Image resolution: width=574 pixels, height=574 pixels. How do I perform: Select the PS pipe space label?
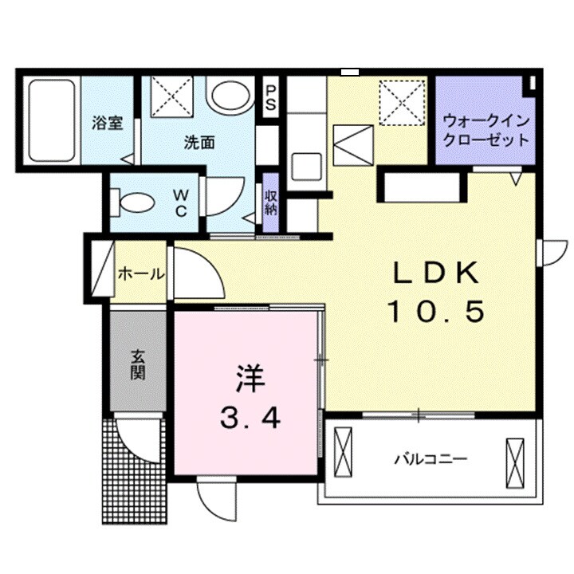tap(271, 97)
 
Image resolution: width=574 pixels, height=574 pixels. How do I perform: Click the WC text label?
tap(179, 203)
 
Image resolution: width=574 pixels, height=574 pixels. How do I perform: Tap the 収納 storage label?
tap(271, 203)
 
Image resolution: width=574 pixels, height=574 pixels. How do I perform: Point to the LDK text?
tap(436, 274)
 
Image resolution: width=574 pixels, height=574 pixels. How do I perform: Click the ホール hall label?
tap(140, 274)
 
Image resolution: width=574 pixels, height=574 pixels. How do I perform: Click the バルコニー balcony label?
tap(430, 460)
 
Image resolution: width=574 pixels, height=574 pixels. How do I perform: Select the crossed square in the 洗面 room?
tap(171, 96)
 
